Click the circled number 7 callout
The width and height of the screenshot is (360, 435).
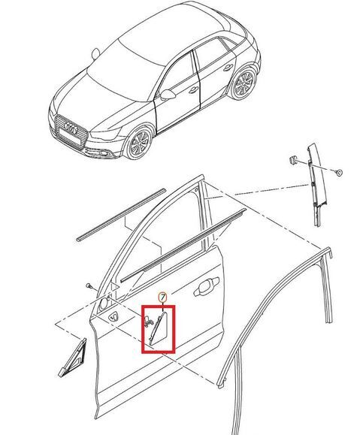162,297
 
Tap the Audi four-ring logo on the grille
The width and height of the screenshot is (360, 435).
71,128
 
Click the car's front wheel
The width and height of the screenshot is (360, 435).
139,142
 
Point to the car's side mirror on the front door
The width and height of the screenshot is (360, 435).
168,95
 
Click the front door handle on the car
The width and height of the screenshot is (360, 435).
193,89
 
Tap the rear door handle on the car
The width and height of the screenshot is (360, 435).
228,67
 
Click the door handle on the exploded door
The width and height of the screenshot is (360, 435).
206,287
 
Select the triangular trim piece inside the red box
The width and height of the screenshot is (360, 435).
159,328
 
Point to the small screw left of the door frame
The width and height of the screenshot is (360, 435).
89,285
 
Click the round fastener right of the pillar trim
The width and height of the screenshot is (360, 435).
338,172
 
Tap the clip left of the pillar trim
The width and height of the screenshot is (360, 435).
293,160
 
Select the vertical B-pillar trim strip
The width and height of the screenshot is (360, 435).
316,185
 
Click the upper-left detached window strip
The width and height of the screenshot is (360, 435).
121,214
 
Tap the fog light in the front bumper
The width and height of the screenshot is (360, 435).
104,153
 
